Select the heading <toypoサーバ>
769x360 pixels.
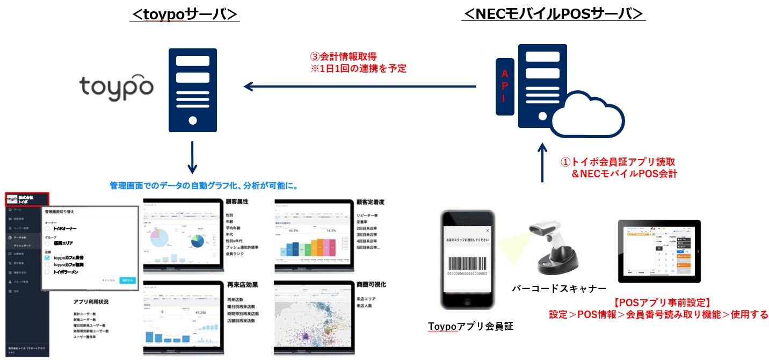pos(184,15)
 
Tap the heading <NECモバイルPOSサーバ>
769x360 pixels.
pos(553,15)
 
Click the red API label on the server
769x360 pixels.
pos(504,86)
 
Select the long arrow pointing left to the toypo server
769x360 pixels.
pos(360,86)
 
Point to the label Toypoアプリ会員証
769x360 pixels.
pos(470,326)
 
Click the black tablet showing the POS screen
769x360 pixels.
pos(659,251)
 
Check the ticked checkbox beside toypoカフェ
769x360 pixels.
pos(47,258)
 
